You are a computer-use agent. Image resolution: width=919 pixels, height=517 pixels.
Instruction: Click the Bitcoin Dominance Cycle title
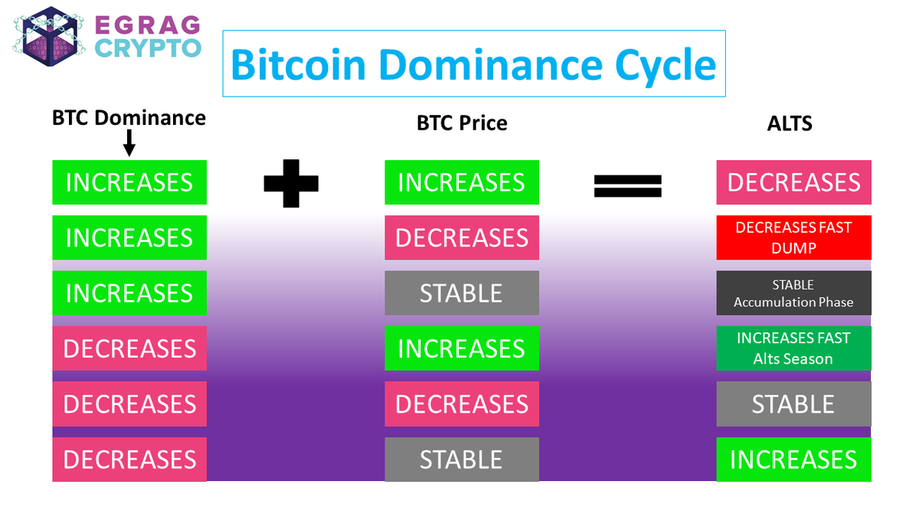(x=473, y=64)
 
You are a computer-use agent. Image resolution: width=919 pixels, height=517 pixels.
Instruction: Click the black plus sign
(x=290, y=182)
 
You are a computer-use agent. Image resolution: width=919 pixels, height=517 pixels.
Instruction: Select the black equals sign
(x=627, y=185)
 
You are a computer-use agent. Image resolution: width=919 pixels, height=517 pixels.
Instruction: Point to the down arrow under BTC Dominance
(x=129, y=142)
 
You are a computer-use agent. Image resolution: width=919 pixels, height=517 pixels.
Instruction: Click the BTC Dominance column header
(x=129, y=118)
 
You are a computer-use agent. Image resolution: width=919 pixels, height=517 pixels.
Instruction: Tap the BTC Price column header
(x=462, y=123)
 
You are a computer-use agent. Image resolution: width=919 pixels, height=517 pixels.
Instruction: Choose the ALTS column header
(x=790, y=123)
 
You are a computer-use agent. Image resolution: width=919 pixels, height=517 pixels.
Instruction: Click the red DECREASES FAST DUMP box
(x=793, y=237)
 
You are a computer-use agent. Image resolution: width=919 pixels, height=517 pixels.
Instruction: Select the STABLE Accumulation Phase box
(x=793, y=293)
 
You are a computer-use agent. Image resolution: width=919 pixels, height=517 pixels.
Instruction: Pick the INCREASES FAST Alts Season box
(x=793, y=348)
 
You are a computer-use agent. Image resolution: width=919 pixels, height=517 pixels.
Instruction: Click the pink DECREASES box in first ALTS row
(x=793, y=182)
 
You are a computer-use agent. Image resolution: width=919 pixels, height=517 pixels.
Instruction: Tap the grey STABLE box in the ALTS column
(x=793, y=404)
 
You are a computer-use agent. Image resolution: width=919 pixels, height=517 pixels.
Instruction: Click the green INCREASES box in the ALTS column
(x=793, y=460)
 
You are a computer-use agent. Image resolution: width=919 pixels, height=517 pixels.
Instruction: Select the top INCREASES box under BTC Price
(x=462, y=182)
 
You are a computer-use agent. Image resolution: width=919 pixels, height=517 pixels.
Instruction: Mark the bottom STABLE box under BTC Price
(x=462, y=460)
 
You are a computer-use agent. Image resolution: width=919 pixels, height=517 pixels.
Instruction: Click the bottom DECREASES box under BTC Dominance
(x=129, y=460)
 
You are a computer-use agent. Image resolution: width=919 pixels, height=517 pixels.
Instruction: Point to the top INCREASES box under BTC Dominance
(x=129, y=182)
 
